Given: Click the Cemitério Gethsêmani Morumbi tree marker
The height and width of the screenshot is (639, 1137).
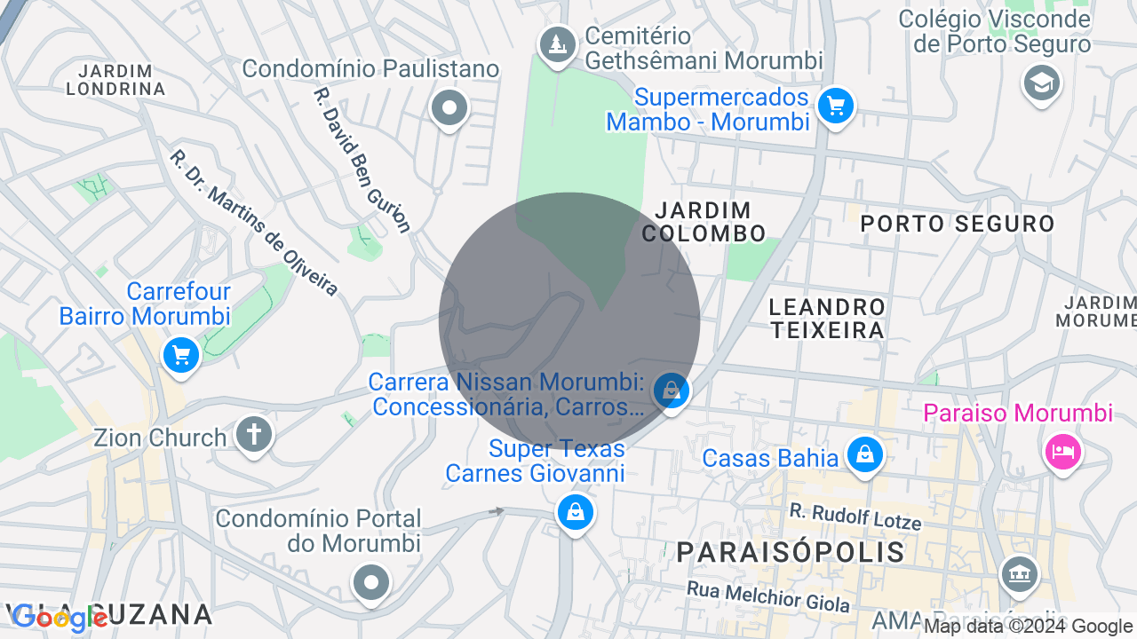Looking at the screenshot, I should tap(557, 43).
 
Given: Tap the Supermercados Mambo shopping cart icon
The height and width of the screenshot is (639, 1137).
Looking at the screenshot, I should tap(835, 106).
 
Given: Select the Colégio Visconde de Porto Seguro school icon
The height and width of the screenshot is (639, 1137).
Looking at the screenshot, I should tap(1041, 83).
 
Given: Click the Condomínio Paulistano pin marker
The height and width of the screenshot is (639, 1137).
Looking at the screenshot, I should tap(449, 108).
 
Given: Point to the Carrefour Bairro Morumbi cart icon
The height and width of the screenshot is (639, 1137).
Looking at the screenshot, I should tap(181, 356).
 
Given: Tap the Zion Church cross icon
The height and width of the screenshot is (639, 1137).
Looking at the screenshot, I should tap(254, 435).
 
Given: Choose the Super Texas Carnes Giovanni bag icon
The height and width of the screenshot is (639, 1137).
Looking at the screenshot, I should tap(575, 512).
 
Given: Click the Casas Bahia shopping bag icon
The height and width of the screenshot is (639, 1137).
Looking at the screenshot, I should tap(864, 454).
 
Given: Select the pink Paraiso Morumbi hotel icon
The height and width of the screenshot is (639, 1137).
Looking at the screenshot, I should tap(1063, 452).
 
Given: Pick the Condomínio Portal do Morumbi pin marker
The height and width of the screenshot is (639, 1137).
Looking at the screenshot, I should tap(370, 582).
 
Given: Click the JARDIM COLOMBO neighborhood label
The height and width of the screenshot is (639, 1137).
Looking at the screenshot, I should tap(704, 222).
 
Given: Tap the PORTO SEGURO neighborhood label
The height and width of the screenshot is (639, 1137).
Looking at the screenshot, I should tap(958, 224).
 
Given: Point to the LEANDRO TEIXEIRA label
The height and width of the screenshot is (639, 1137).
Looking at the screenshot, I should tap(827, 319).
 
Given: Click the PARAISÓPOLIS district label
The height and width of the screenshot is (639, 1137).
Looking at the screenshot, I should tap(791, 552).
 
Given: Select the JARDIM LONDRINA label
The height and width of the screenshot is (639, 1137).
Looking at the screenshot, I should tap(115, 79).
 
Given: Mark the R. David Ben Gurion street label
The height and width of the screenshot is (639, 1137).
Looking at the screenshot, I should tap(362, 160).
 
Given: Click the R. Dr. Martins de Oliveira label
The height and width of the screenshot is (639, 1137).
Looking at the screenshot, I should tap(254, 223).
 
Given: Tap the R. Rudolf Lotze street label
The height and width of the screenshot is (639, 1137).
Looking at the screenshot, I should tap(855, 516).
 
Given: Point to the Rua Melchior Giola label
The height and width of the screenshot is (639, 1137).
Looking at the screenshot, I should tap(767, 596).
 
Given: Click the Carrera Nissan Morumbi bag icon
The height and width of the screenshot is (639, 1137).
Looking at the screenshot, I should tap(672, 390).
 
